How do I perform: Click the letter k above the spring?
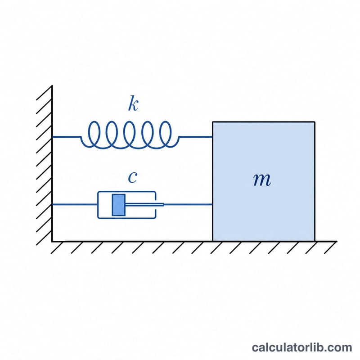(133, 103)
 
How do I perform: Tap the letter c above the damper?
(132, 177)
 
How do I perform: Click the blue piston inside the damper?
(119, 205)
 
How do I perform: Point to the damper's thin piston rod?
(144, 204)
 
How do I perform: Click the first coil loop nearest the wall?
(94, 134)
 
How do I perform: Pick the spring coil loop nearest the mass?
(165, 134)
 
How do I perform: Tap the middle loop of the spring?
(130, 134)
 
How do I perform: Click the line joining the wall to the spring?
(67, 137)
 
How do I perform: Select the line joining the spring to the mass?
(196, 137)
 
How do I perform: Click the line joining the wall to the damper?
(75, 204)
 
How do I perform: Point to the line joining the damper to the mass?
(188, 204)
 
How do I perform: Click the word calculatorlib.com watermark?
(302, 347)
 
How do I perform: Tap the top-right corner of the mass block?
(315, 122)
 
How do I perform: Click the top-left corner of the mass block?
(213, 122)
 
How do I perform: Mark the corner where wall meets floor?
(52, 241)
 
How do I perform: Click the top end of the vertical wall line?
(52, 86)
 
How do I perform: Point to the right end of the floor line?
(337, 241)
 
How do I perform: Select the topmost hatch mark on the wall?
(44, 93)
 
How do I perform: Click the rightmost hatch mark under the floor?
(330, 247)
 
